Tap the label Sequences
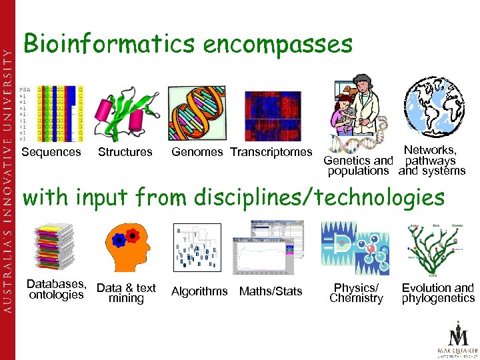tap(51, 152)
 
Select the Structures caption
tap(125, 152)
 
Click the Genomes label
tap(197, 152)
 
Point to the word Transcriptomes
tap(271, 152)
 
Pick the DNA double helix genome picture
tap(200, 115)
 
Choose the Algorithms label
tap(199, 291)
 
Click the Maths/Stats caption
tap(271, 291)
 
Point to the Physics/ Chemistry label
tap(357, 293)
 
